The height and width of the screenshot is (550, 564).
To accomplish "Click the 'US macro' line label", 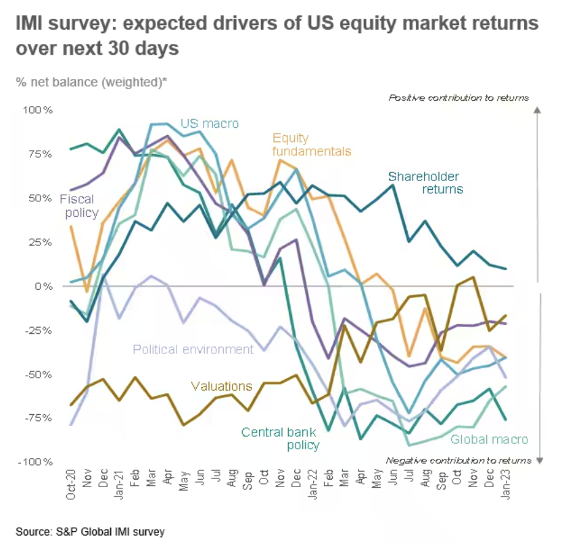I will point(210,124).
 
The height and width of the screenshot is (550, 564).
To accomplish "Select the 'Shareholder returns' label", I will point(425,183).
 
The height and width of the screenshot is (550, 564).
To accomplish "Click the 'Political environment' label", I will point(193,349).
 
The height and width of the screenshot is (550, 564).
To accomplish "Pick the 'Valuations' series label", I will point(221,386).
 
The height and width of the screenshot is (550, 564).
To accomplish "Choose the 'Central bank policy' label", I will point(280,438).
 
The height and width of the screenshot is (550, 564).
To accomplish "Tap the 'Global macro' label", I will point(489,440).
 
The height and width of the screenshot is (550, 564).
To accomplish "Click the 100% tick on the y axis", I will point(38,110).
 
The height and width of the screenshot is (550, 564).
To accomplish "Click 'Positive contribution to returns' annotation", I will point(459,97).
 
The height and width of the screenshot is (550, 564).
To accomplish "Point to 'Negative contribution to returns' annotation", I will point(458,460).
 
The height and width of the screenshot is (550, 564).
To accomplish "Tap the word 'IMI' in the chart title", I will point(32,24).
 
